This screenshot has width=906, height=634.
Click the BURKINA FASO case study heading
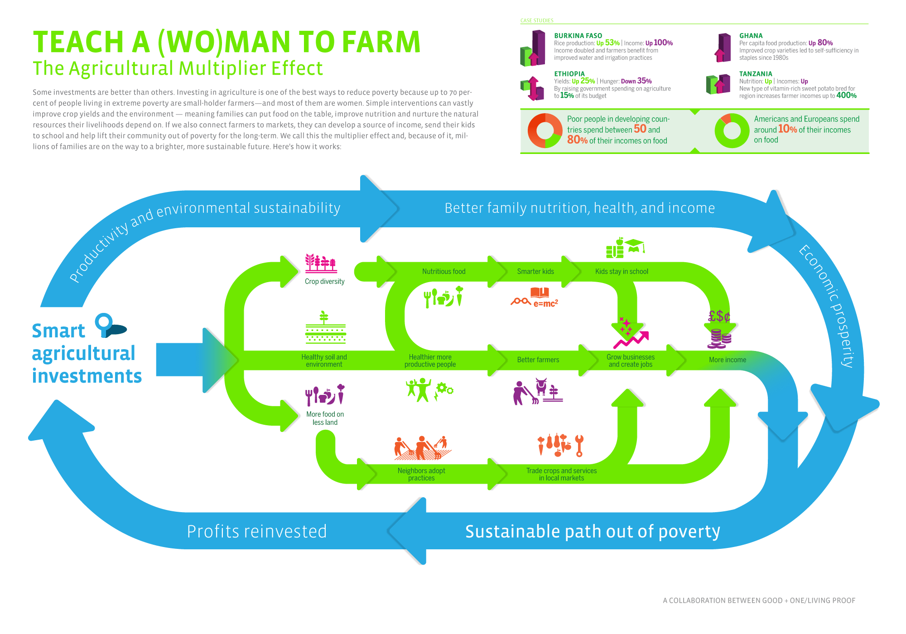point(578,36)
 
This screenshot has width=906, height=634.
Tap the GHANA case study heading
point(751,36)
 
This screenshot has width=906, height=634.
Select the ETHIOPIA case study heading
point(569,74)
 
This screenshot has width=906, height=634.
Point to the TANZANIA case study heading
point(756,74)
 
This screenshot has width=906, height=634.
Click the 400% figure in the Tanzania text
point(846,96)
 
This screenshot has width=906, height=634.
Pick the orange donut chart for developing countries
point(545,130)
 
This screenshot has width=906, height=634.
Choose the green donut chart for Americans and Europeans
point(732,130)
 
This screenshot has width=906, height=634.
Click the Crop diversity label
point(324,282)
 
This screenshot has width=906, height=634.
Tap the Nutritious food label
point(443,272)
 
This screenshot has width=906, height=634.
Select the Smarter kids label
point(535,272)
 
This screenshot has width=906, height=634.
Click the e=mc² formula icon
point(545,303)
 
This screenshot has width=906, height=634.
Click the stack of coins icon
point(720,339)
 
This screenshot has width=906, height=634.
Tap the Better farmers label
point(538,360)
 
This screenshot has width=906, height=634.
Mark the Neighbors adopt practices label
point(421,474)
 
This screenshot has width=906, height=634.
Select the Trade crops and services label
point(561,474)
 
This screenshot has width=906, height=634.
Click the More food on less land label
point(325,418)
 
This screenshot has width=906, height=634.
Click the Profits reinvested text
point(257,532)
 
